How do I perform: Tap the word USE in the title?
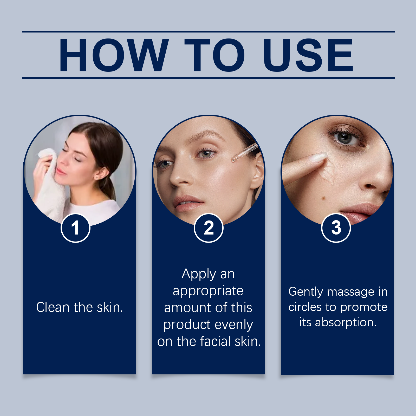click(308, 55)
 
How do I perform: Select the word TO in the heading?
click(214, 55)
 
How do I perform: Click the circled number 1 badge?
click(75, 228)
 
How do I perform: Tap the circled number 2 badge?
click(209, 228)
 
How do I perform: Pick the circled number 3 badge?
click(336, 228)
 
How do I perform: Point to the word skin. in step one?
click(110, 307)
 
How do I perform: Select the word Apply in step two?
click(199, 274)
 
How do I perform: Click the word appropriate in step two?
click(208, 291)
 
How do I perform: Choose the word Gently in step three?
click(305, 292)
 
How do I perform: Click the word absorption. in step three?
click(346, 322)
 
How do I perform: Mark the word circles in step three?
click(305, 307)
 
